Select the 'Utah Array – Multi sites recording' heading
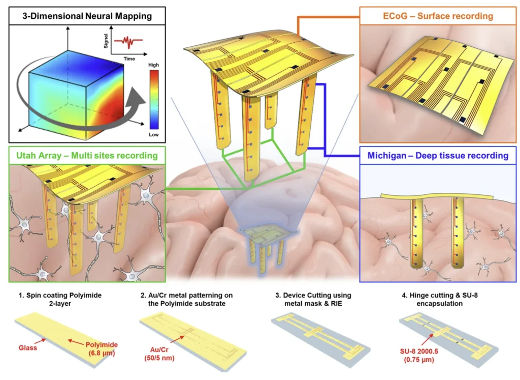[87, 155]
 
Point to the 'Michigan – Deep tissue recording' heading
[438, 156]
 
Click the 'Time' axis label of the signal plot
[130, 59]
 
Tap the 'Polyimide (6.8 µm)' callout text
[102, 348]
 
